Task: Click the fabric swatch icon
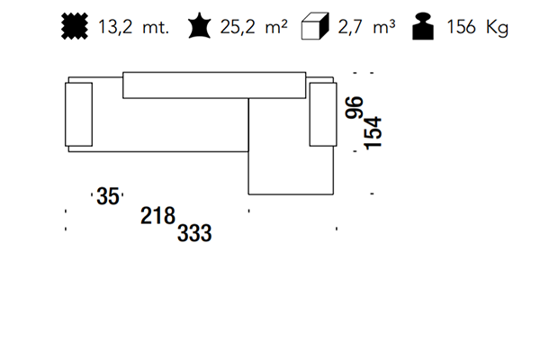click(x=75, y=26)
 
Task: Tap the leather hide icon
click(x=200, y=26)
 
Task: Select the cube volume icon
click(x=315, y=26)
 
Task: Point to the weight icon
click(x=423, y=26)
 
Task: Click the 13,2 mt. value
click(x=133, y=27)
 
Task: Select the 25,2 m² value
click(x=254, y=26)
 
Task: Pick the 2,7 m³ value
click(x=366, y=26)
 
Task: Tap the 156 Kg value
click(x=478, y=27)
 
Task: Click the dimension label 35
click(x=108, y=196)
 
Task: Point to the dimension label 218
click(x=158, y=216)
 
